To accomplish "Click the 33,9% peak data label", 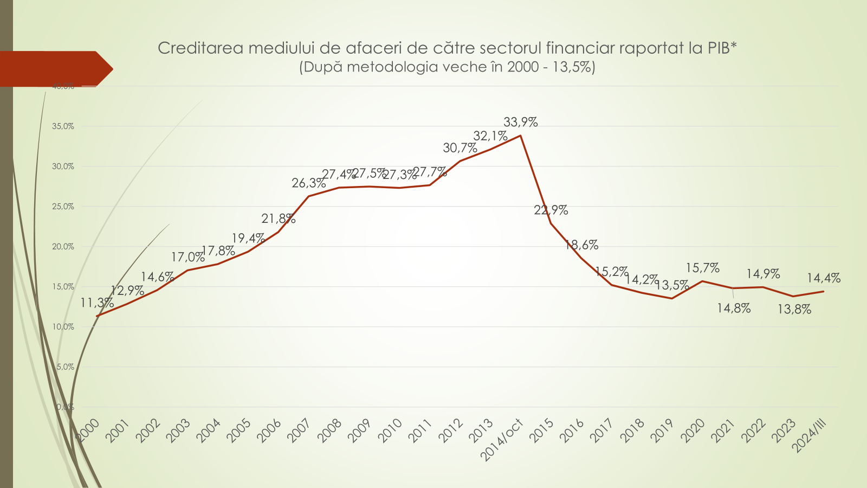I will click(520, 123).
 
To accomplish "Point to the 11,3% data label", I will click(97, 303).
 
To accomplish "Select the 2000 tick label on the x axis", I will click(87, 432).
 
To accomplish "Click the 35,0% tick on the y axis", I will click(63, 126).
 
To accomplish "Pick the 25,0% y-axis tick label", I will click(63, 207).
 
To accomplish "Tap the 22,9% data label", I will click(551, 210).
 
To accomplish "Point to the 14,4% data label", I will click(823, 278).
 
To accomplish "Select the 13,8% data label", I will click(794, 310).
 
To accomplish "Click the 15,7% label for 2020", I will click(702, 268).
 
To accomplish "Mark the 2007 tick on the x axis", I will click(299, 432).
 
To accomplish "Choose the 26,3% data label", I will click(308, 183).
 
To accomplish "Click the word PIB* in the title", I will click(722, 48).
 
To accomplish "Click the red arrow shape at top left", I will click(54, 69).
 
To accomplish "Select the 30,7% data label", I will click(460, 148).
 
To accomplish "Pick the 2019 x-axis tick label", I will click(662, 432).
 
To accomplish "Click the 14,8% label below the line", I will click(734, 309).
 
